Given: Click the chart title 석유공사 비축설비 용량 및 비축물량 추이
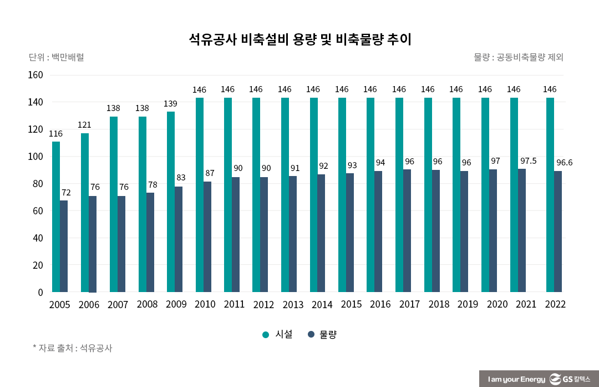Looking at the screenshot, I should [x=299, y=39].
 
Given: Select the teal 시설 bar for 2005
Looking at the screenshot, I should [x=56, y=217].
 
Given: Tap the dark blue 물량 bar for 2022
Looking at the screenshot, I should [x=558, y=232].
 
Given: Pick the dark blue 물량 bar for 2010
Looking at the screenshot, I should [x=207, y=237].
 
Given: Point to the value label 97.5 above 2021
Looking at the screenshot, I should [x=529, y=161].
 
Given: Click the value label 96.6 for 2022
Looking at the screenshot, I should [x=565, y=163].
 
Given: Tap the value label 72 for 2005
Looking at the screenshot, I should [x=66, y=192].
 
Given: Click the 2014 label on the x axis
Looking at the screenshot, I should [x=322, y=304].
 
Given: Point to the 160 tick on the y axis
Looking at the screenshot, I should [x=35, y=75].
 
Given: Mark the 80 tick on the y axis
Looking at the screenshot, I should [x=37, y=184].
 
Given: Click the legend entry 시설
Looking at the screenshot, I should [x=277, y=334].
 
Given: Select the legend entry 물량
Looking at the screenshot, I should [x=322, y=334].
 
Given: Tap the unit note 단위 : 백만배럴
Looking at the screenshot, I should [x=56, y=57].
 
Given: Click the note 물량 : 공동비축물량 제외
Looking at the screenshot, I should [x=519, y=57].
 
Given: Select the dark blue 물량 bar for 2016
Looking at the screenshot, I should [x=378, y=232].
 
